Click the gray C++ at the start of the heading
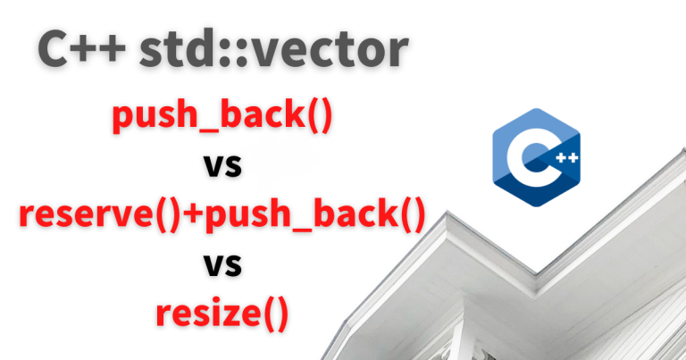tap(82, 49)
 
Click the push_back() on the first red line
tap(222, 115)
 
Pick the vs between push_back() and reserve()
tap(222, 166)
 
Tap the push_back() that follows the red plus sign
tap(315, 214)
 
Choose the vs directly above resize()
tap(222, 265)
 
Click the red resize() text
tap(222, 314)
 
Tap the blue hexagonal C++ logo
tap(536, 157)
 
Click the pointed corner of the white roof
tap(448, 213)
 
